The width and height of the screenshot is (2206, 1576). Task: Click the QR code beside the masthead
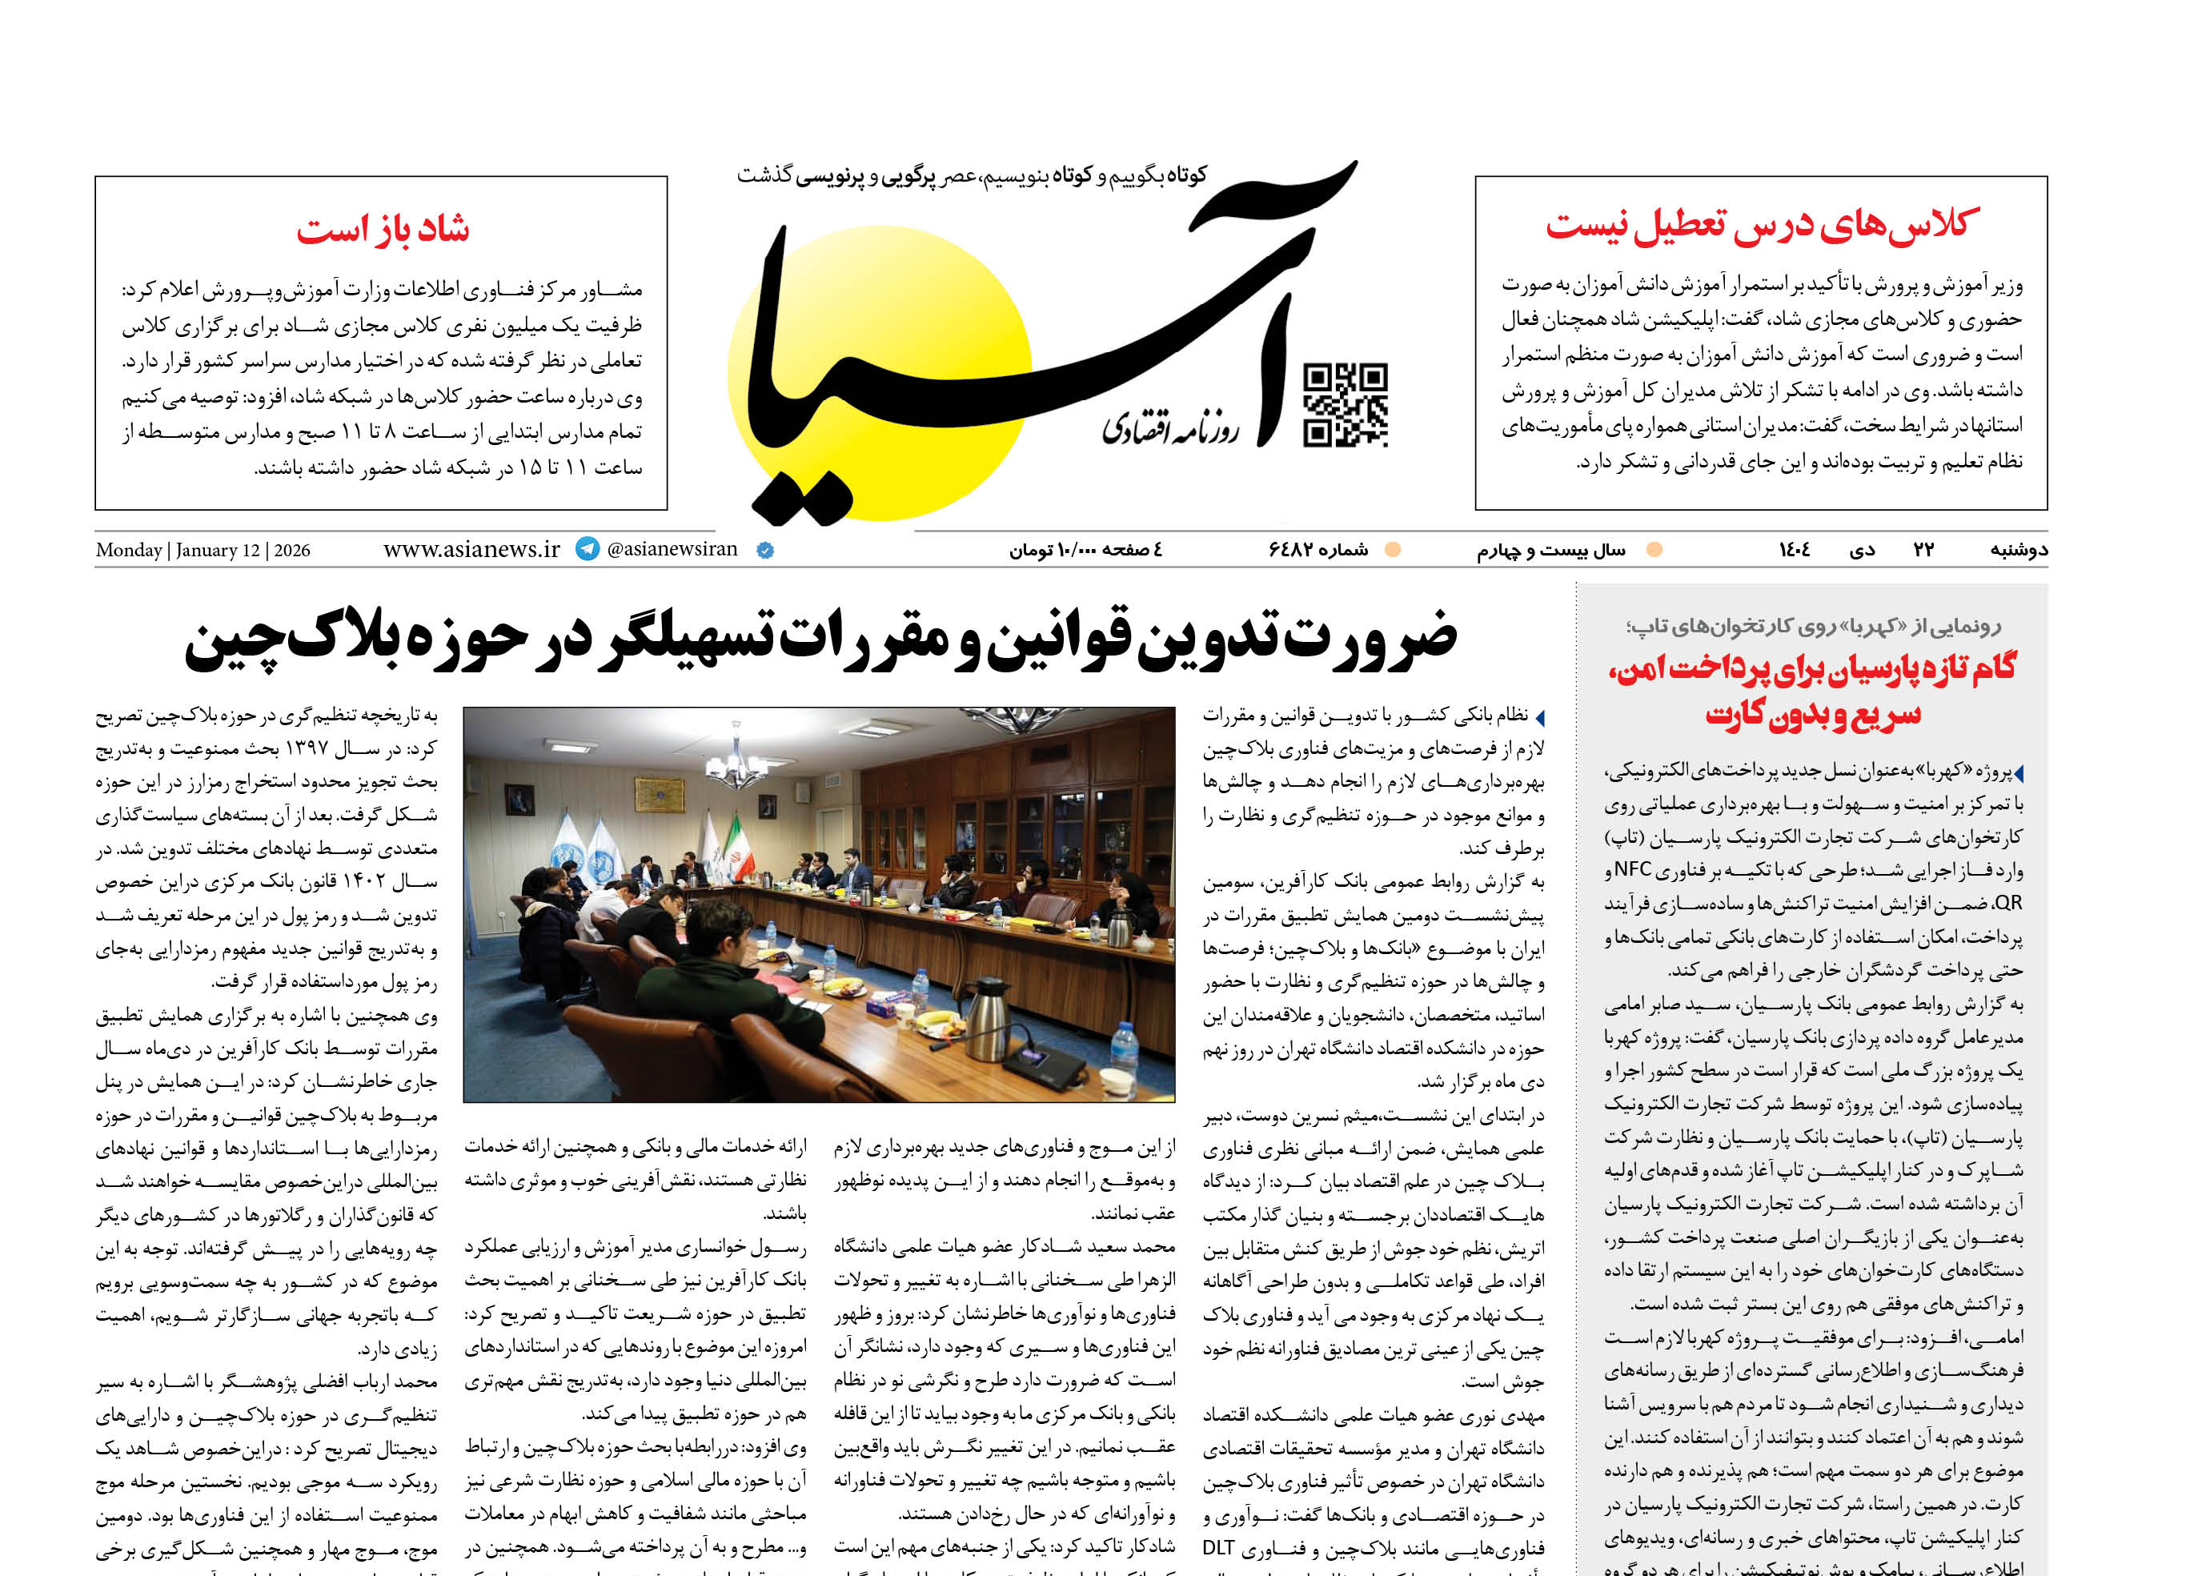click(1346, 405)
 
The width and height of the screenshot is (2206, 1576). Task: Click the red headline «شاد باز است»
click(383, 229)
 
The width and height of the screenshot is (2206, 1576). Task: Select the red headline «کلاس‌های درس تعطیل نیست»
click(1762, 224)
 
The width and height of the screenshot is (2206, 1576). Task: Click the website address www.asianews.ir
click(471, 549)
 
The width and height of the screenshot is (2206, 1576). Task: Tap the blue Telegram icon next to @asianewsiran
click(588, 548)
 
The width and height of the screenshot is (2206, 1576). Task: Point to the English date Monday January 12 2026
click(203, 550)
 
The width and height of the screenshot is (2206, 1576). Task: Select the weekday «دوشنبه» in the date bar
click(2019, 550)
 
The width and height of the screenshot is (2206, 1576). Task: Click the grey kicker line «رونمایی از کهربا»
click(1813, 626)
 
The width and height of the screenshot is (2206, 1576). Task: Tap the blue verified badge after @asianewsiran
click(764, 550)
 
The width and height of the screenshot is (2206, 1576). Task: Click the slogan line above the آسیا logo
click(970, 175)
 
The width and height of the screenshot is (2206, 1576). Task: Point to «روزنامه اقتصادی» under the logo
click(1170, 427)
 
